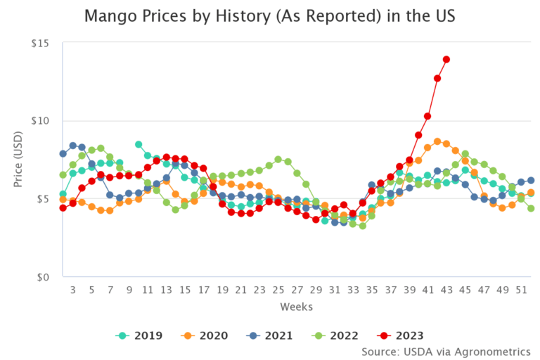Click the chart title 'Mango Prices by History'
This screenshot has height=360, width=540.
[x=270, y=15]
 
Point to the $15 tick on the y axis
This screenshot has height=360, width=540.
[x=39, y=44]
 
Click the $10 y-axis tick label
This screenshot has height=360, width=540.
[x=39, y=121]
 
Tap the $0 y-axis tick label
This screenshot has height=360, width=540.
[x=42, y=277]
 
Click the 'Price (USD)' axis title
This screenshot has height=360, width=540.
[x=18, y=160]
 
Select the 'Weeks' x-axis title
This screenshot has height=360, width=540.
[x=296, y=307]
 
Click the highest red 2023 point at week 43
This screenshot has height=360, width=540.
[x=446, y=60]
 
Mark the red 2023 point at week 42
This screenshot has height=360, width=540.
[x=437, y=78]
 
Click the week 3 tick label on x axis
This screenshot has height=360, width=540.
[x=72, y=290]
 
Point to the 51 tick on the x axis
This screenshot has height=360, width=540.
[x=521, y=290]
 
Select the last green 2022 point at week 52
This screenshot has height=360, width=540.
[x=531, y=208]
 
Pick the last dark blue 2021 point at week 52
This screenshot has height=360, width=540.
[x=531, y=181]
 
